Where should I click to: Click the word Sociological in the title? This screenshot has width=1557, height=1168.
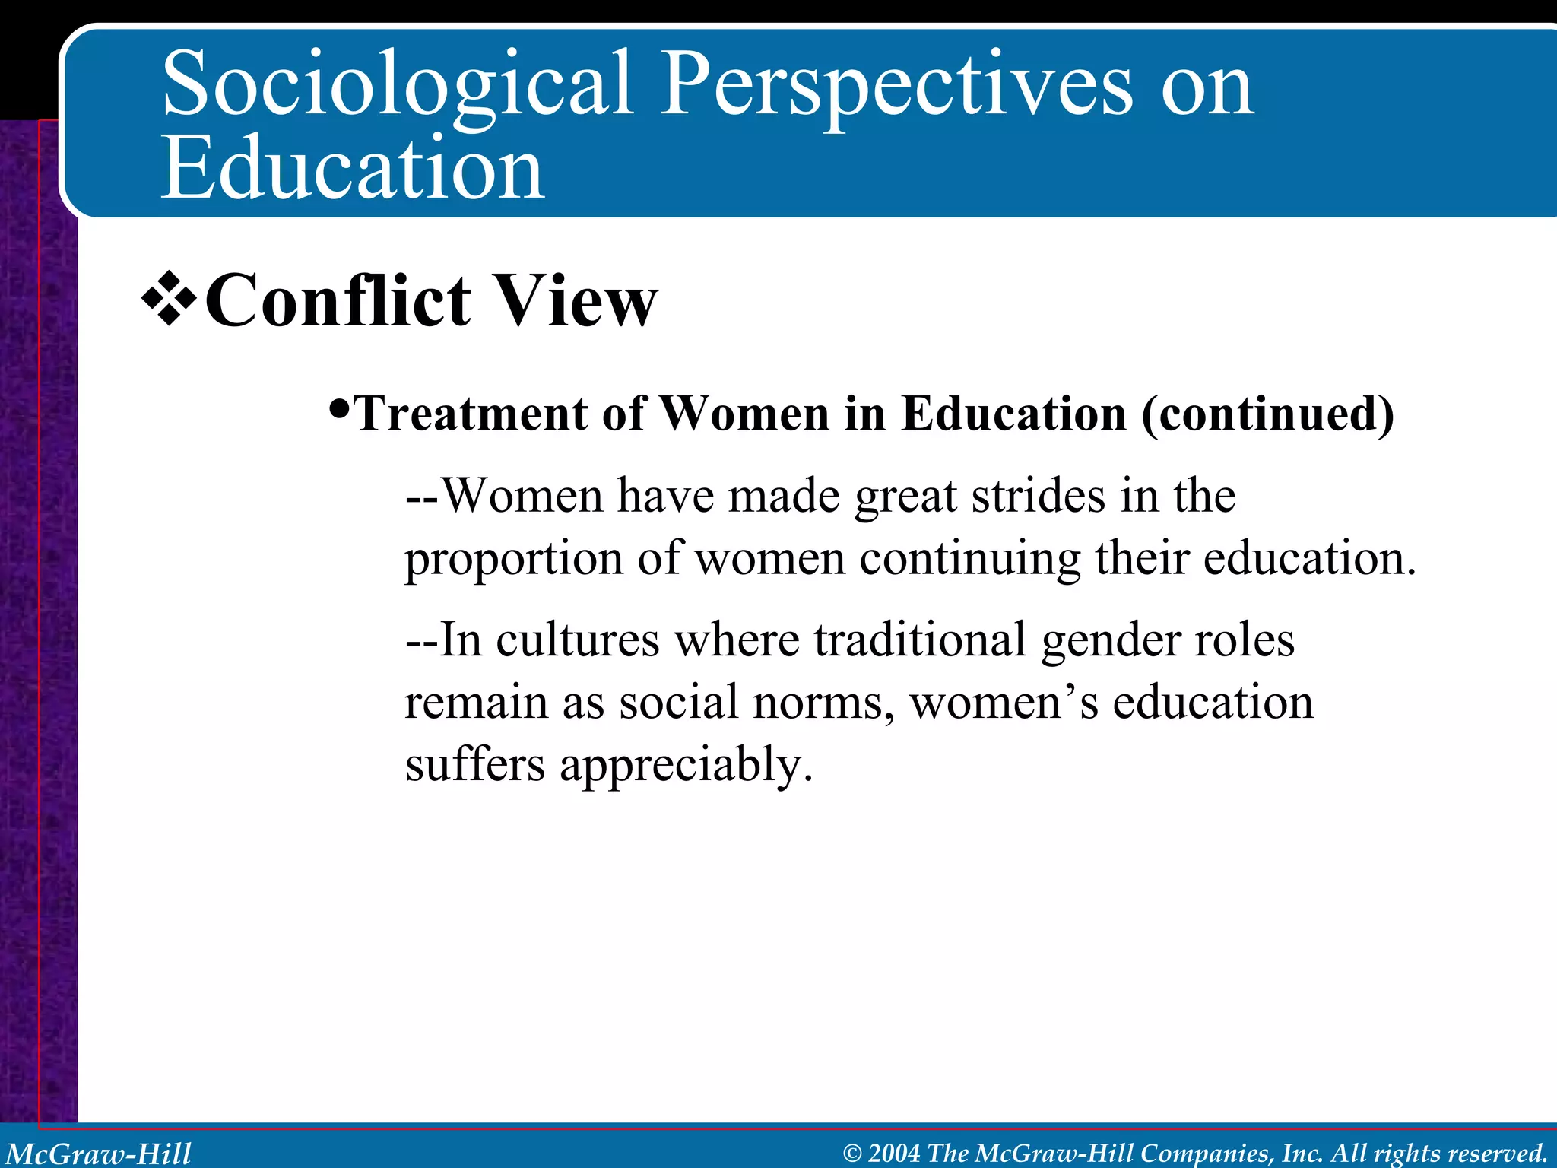397,85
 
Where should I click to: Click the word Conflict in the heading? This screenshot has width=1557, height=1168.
338,302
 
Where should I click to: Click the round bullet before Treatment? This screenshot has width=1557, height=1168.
341,411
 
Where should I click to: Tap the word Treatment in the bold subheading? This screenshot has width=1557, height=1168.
471,414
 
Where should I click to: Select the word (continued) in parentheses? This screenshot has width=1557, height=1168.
1267,414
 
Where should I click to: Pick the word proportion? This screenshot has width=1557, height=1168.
514,560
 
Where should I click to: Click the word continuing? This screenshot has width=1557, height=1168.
970,560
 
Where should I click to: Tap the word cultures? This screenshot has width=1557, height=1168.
578,640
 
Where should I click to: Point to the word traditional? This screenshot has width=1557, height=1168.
920,640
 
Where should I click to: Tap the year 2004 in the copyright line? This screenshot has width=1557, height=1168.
893,1153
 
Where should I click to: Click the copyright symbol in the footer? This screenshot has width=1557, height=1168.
852,1154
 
